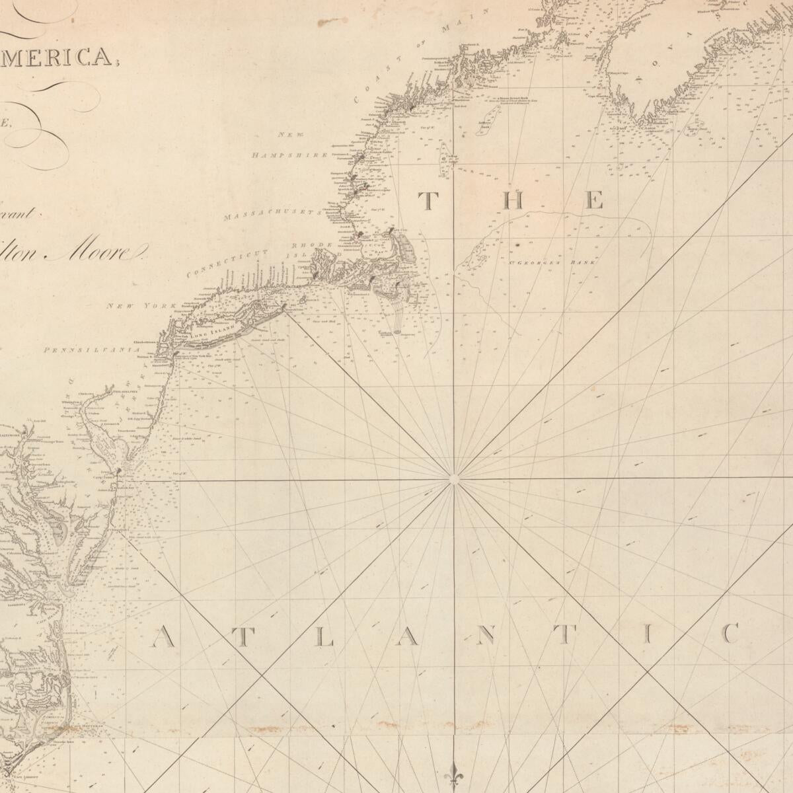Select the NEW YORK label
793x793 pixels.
click(x=141, y=306)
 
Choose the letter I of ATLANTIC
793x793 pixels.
click(x=648, y=635)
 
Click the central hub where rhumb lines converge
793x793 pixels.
click(x=453, y=479)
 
